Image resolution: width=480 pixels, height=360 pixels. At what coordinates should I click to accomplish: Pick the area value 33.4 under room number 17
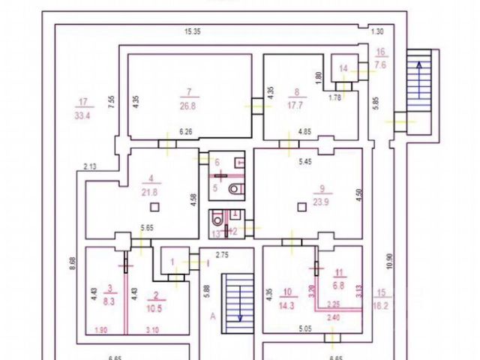click(83, 115)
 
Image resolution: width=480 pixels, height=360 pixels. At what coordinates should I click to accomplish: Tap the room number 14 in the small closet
click(343, 69)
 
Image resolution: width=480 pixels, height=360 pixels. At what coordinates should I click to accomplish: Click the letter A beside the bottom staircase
click(212, 317)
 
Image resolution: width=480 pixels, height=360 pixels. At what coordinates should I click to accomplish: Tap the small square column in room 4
click(154, 207)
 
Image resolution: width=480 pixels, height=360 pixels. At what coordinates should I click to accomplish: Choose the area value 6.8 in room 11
click(339, 286)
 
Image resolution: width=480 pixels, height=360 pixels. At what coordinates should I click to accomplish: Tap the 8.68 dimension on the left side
click(71, 263)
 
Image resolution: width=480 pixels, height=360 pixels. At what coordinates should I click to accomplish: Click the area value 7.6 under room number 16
click(379, 64)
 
